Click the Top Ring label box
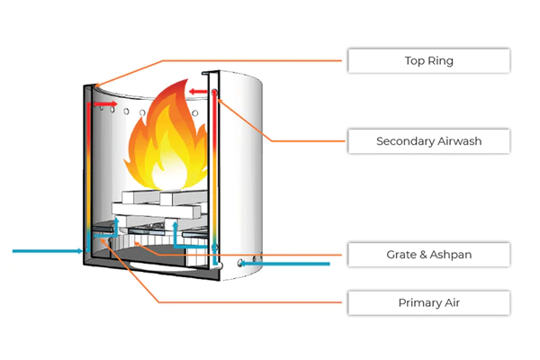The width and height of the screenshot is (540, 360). click(x=428, y=60)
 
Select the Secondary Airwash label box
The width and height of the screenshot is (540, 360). click(x=428, y=141)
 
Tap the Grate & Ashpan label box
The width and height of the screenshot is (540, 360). click(x=428, y=255)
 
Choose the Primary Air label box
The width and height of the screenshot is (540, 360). click(x=428, y=302)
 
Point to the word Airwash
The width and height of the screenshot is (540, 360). click(x=459, y=141)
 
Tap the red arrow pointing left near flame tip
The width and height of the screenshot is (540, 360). click(x=198, y=92)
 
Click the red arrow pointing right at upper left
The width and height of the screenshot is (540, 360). click(x=105, y=103)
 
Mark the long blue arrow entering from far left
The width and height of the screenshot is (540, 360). click(x=48, y=251)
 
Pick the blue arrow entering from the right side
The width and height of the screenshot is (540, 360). click(x=284, y=264)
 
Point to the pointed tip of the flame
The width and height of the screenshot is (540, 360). click(x=187, y=79)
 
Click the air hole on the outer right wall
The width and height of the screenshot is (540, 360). click(x=240, y=264)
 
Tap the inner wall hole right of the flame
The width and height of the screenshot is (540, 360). click(x=195, y=113)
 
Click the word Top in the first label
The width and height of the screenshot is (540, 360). click(x=414, y=61)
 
